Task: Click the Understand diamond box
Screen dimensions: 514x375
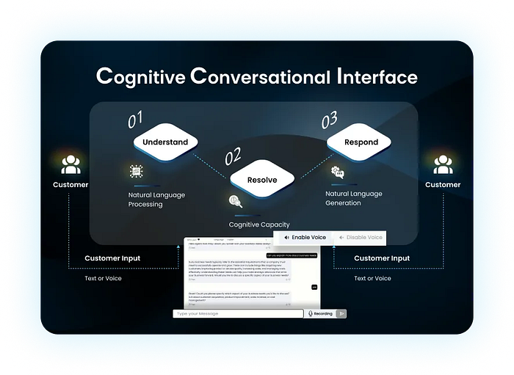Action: pyautogui.click(x=165, y=142)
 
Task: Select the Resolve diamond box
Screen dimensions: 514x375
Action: pyautogui.click(x=262, y=180)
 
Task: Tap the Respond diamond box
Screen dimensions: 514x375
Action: pyautogui.click(x=361, y=142)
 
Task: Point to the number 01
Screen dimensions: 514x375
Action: pyautogui.click(x=137, y=118)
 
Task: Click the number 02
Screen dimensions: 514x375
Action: pyautogui.click(x=233, y=156)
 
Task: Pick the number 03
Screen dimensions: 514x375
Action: pyautogui.click(x=330, y=118)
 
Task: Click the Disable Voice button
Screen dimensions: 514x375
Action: pyautogui.click(x=360, y=238)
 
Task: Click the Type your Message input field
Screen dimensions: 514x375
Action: pyautogui.click(x=238, y=313)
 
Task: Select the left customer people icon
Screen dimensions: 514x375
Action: pyautogui.click(x=70, y=164)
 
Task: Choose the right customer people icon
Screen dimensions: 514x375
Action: pyautogui.click(x=443, y=164)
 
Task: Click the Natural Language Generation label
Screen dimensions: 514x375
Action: pyautogui.click(x=353, y=198)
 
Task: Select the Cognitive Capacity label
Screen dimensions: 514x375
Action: pyautogui.click(x=259, y=225)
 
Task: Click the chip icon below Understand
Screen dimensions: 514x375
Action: pyautogui.click(x=135, y=171)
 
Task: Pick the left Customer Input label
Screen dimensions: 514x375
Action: pyautogui.click(x=112, y=258)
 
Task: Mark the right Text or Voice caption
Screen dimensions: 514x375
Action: pyautogui.click(x=372, y=279)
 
